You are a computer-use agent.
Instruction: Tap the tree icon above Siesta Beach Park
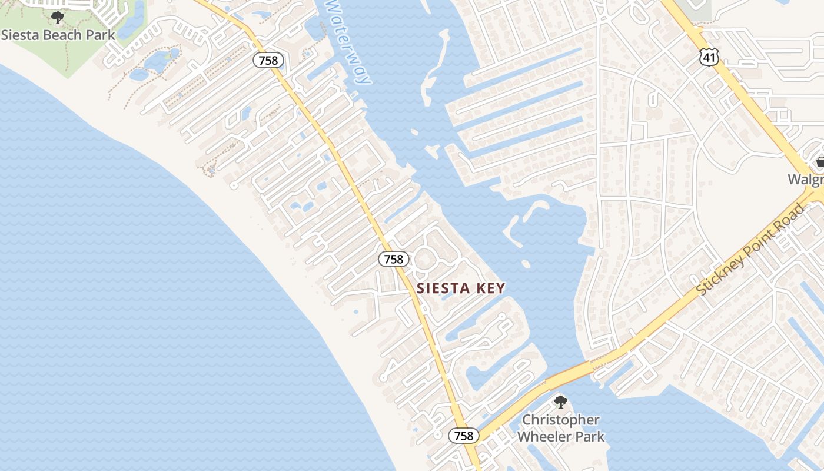(57, 18)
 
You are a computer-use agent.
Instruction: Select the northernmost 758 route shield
(269, 60)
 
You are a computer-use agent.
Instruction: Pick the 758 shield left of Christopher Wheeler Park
(464, 436)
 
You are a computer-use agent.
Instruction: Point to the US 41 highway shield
(709, 57)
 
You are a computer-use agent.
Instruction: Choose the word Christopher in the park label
(561, 420)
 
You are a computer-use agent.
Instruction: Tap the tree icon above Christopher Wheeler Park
(560, 402)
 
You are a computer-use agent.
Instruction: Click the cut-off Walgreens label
(806, 180)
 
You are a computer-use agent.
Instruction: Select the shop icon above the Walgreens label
(819, 162)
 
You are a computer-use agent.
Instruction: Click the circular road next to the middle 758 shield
(426, 260)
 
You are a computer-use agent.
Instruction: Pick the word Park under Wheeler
(590, 437)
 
